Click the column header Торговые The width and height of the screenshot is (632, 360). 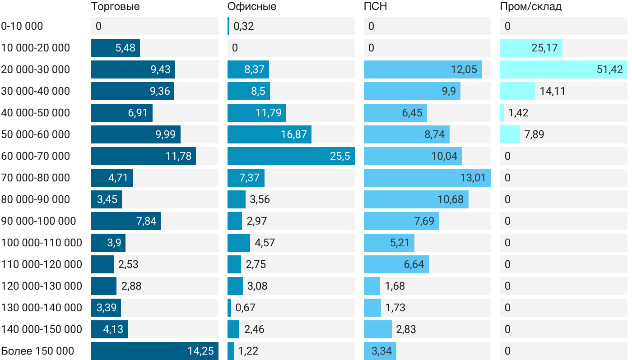[x=115, y=7]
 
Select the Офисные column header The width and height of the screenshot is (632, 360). [x=251, y=7]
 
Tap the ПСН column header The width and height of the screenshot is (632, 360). [x=375, y=7]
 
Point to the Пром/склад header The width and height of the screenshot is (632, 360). [x=530, y=7]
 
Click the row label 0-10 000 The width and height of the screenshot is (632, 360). [x=22, y=26]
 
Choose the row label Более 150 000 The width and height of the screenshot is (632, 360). [x=37, y=351]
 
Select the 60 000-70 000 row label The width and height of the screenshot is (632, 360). [x=36, y=156]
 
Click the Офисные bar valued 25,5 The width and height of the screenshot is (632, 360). [x=291, y=156]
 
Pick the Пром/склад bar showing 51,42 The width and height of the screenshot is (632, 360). [x=563, y=69]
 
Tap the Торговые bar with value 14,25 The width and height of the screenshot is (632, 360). [x=154, y=351]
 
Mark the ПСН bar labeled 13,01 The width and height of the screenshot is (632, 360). [x=427, y=178]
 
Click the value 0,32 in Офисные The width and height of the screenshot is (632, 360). [x=244, y=26]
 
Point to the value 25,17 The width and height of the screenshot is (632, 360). [x=544, y=48]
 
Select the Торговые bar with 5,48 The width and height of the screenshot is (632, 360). [x=115, y=48]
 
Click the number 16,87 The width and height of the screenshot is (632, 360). [x=293, y=134]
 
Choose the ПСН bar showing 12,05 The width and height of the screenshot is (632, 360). [x=423, y=69]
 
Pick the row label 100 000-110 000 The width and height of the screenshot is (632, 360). [x=42, y=243]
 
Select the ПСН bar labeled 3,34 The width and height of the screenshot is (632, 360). [x=380, y=351]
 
